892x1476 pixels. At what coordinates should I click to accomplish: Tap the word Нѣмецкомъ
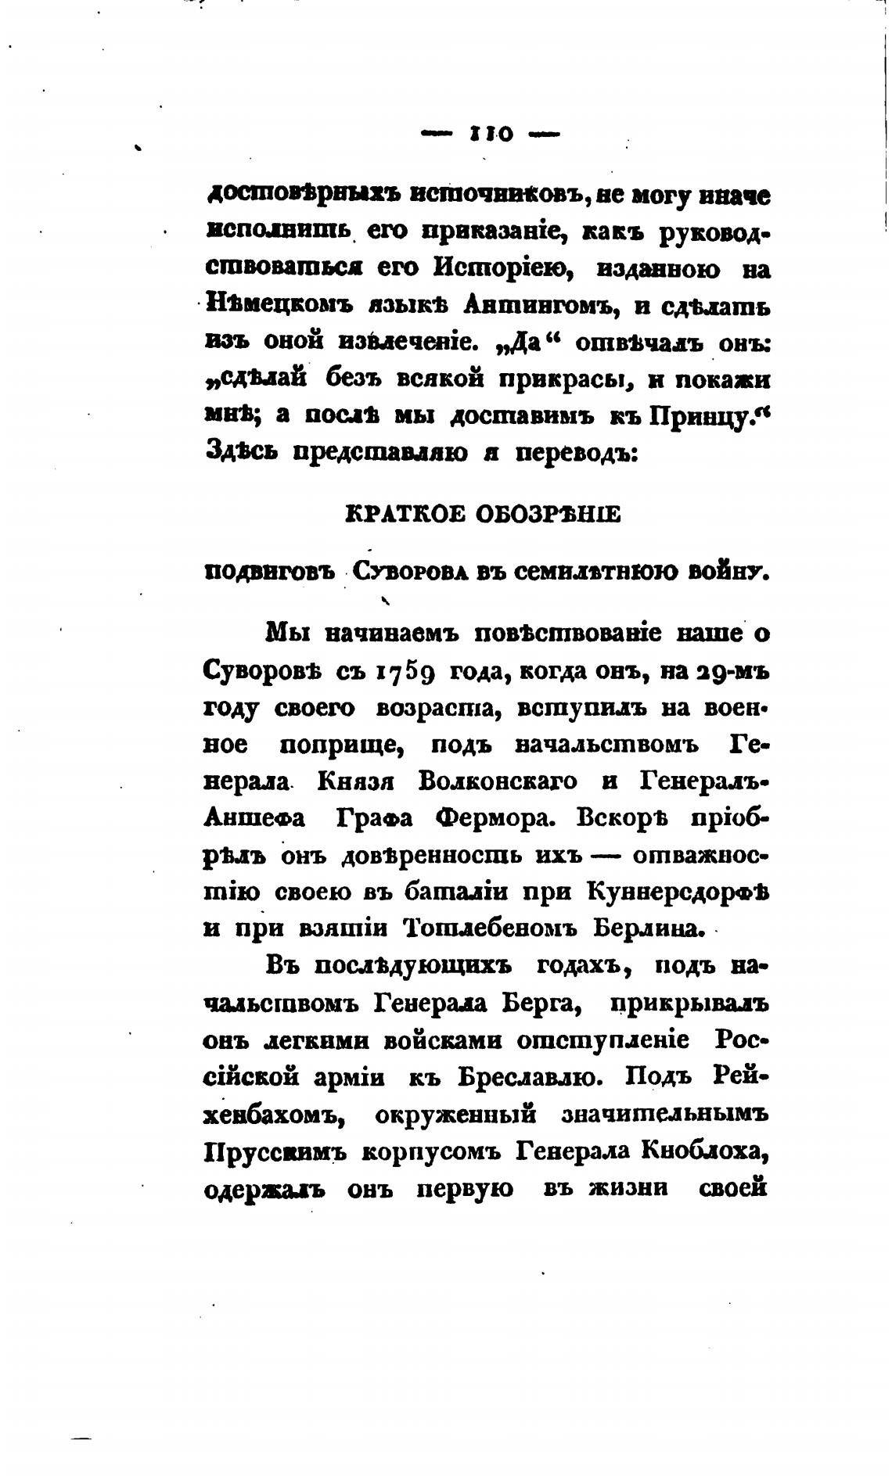(x=276, y=306)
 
